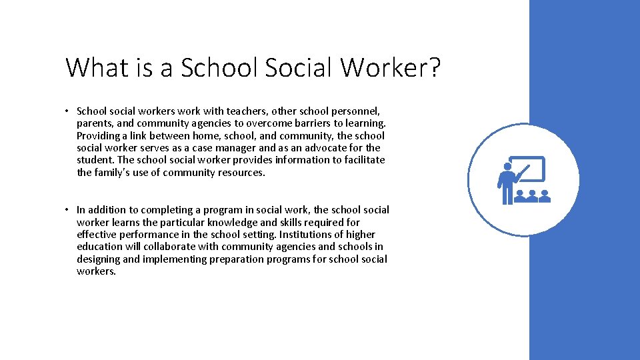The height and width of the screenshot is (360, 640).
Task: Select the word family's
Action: [113, 172]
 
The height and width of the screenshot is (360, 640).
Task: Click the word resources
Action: [241, 172]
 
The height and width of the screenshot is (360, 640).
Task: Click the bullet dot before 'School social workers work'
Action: [69, 111]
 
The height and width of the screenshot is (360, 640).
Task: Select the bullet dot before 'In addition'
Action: [69, 210]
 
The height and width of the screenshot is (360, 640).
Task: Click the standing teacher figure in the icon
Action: [507, 184]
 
